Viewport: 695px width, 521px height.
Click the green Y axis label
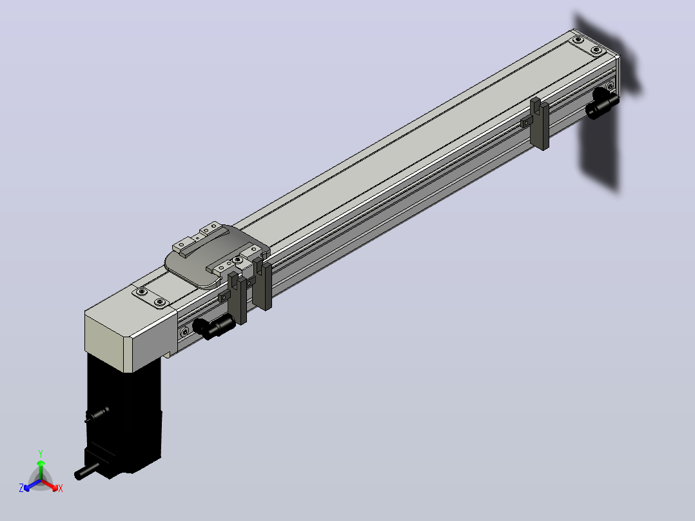click(x=41, y=453)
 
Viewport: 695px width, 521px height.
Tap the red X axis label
click(x=61, y=488)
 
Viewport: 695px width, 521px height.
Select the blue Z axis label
click(x=21, y=487)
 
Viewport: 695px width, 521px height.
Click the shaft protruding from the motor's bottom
click(x=86, y=471)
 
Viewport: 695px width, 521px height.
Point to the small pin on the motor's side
click(x=97, y=413)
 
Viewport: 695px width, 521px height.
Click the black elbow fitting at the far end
click(x=602, y=104)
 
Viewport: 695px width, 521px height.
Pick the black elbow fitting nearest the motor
click(x=213, y=326)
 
